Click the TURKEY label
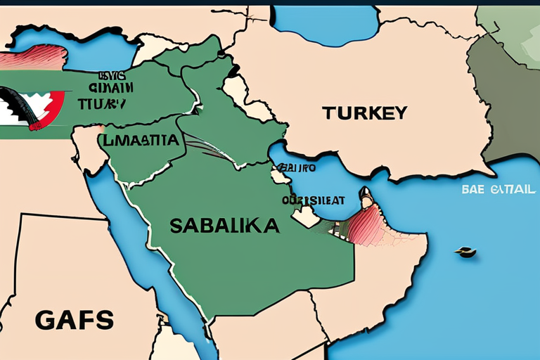point(365,112)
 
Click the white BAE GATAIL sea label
point(499,190)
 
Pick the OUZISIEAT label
point(314,200)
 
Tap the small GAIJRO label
point(295,168)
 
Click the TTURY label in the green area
point(102,103)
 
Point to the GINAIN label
point(111,88)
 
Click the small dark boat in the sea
point(465,251)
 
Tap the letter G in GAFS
point(43,320)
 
